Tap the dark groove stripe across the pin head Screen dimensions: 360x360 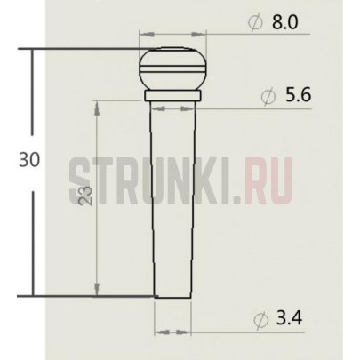tap(172, 63)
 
